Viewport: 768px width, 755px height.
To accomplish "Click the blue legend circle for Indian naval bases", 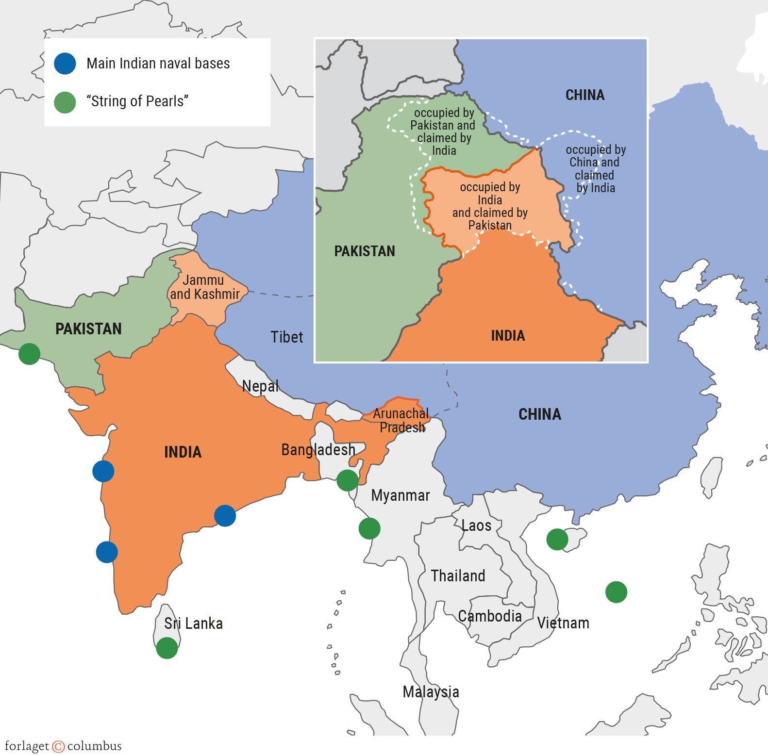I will pos(65,64).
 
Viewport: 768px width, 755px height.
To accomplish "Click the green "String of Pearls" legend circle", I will pos(65,102).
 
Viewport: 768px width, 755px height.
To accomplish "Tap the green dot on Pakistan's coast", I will pos(29,354).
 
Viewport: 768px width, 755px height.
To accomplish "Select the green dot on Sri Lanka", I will pos(167,648).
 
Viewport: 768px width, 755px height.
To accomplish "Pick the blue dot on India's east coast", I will pos(225,515).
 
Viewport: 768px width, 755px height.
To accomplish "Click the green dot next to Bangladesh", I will pos(348,480).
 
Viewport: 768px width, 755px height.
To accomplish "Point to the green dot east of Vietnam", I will pos(616,592).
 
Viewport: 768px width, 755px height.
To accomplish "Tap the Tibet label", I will pos(286,337).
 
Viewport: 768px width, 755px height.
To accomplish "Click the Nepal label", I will pos(260,386).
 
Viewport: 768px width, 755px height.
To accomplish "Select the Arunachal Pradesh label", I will pos(401,420).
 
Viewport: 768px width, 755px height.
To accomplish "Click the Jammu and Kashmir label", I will pos(204,287).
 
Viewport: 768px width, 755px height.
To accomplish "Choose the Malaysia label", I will pos(431,691).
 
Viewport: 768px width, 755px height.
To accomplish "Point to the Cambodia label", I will pos(490,616).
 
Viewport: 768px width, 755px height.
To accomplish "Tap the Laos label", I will pos(476,525).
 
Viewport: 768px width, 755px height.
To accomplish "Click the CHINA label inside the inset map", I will pos(585,95).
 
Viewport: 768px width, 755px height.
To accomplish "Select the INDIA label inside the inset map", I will pos(508,335).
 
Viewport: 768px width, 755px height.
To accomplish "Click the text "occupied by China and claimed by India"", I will pos(595,168).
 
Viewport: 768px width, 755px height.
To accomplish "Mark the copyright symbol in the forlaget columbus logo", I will pos(58,746).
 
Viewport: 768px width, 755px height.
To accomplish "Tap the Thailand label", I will pos(458,575).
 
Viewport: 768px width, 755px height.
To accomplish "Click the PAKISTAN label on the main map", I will pos(88,328).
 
